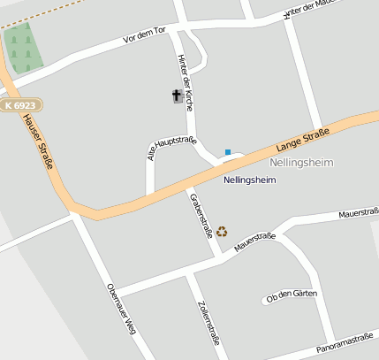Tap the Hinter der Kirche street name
(186, 80)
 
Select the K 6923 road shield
(20, 105)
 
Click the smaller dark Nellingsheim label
(250, 180)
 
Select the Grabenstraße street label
(201, 215)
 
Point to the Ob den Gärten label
(291, 296)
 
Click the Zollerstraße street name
(209, 323)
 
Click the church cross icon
(177, 96)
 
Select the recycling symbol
(222, 231)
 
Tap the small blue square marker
(228, 152)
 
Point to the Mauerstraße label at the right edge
(360, 212)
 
